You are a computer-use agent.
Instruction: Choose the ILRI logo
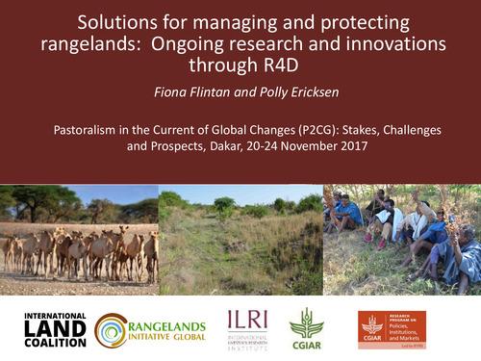(x=247, y=328)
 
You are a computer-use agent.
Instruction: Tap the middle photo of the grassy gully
(x=240, y=240)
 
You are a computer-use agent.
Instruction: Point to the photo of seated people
(x=401, y=240)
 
